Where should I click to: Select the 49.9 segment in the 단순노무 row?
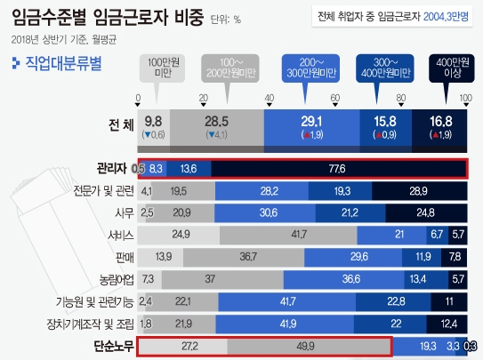coord(309,346)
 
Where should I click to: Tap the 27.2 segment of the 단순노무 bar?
coord(182,346)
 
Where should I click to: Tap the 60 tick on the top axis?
coord(334,98)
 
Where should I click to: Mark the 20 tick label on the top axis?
coord(203,98)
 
